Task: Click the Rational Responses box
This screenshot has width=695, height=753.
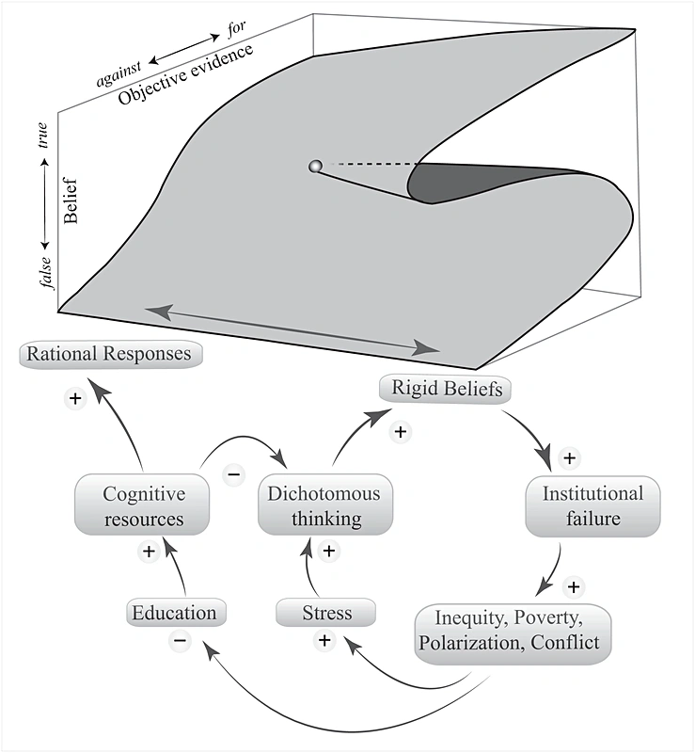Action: point(110,355)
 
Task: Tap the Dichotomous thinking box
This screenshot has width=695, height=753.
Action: point(325,505)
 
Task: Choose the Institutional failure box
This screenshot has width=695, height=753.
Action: point(592,505)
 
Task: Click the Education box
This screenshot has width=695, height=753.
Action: point(174,613)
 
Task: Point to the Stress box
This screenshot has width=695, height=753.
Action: point(326,614)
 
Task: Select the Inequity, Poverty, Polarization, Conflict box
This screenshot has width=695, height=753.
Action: point(513,635)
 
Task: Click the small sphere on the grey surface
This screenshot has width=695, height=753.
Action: point(315,167)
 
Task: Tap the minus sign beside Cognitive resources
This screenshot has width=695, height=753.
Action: point(233,473)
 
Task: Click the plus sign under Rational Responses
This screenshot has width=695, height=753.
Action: point(75,398)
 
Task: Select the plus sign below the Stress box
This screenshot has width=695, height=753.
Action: point(324,640)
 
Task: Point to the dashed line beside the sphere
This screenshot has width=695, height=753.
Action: point(367,166)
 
